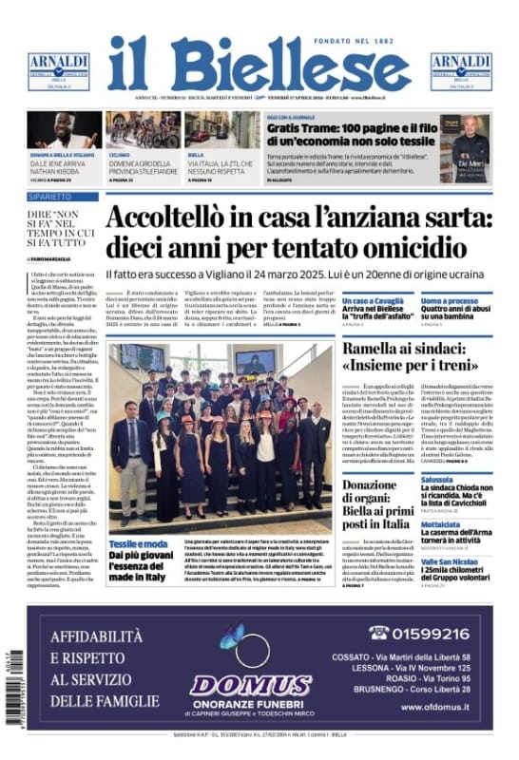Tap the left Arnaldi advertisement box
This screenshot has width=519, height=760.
pyautogui.click(x=58, y=71)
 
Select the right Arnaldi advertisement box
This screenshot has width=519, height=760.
pyautogui.click(x=461, y=71)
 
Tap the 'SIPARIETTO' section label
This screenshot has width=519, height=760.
pyautogui.click(x=48, y=197)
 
